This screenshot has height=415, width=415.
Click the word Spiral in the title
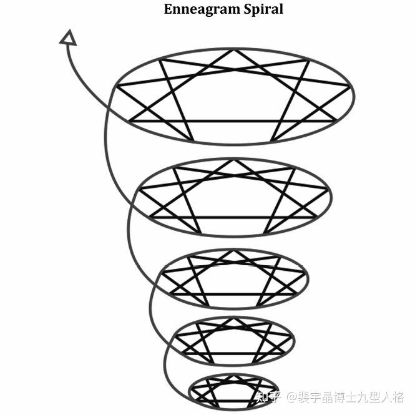[265, 9]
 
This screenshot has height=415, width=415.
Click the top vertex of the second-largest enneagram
[233, 160]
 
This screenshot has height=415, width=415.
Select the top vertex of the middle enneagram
[233, 251]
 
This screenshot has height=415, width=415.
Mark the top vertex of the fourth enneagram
[233, 318]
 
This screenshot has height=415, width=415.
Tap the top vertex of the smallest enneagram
[233, 375]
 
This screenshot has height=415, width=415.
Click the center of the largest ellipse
[233, 96]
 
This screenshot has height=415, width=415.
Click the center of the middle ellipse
[233, 279]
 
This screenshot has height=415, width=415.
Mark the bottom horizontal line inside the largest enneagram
[234, 120]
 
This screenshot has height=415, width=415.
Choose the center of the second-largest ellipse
[233, 197]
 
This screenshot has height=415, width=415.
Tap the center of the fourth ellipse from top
[233, 341]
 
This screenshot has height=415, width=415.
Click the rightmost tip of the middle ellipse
[308, 278]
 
